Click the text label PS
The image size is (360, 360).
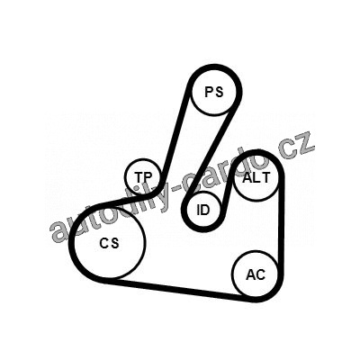pyautogui.click(x=214, y=92)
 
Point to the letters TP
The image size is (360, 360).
pyautogui.click(x=143, y=177)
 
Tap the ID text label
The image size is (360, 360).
pyautogui.click(x=203, y=210)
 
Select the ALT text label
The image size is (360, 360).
pyautogui.click(x=256, y=178)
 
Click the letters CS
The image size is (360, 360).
pyautogui.click(x=109, y=243)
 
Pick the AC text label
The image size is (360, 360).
pyautogui.click(x=256, y=274)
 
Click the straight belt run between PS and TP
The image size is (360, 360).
pyautogui.click(x=176, y=136)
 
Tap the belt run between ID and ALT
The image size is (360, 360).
pyautogui.click(x=227, y=192)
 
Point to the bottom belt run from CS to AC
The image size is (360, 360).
pyautogui.click(x=180, y=290)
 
